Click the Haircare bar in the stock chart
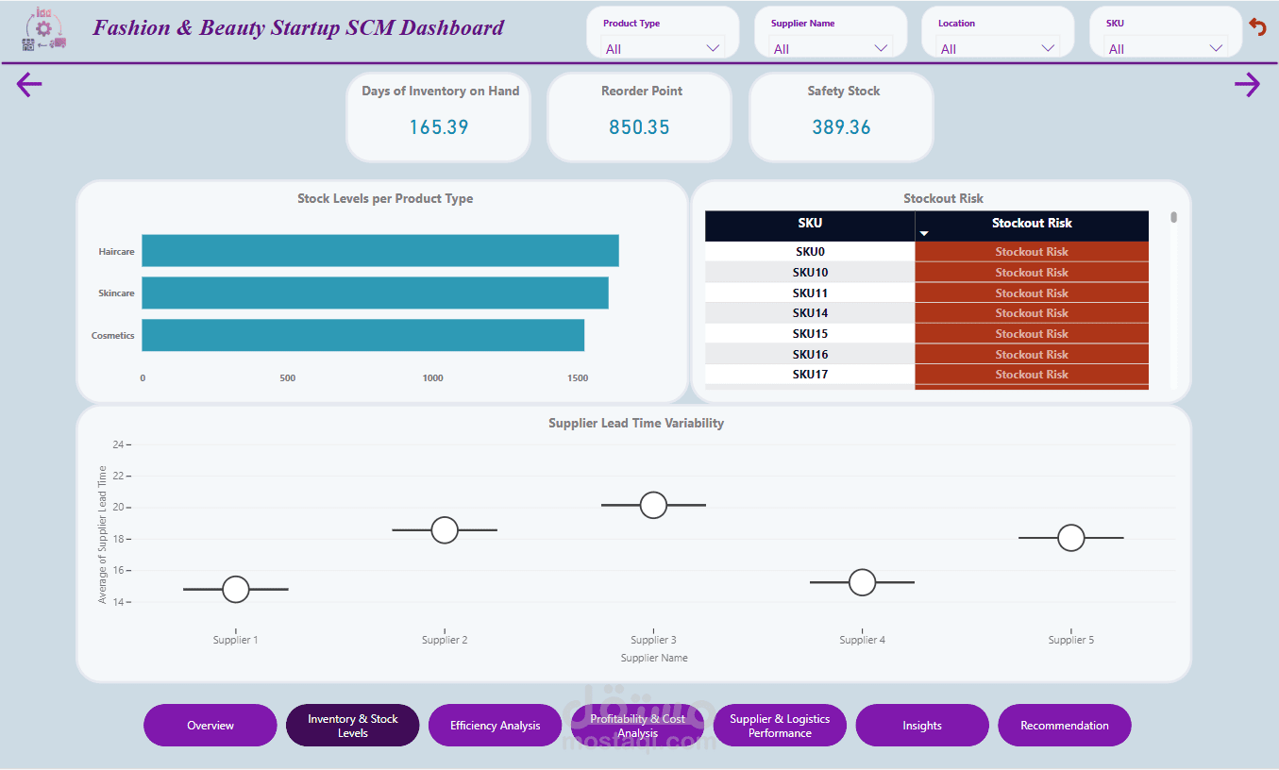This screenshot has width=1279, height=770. click(x=380, y=251)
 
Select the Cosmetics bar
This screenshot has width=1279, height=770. click(x=363, y=335)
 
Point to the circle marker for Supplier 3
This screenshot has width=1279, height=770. click(x=653, y=505)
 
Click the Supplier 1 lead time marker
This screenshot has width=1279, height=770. click(x=236, y=589)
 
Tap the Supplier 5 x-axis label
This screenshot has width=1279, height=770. click(x=1070, y=640)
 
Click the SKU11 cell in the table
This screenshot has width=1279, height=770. click(x=810, y=293)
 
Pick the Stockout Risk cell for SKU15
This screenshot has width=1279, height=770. click(x=1031, y=334)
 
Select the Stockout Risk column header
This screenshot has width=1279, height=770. click(x=1031, y=224)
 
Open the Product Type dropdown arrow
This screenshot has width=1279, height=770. click(x=713, y=48)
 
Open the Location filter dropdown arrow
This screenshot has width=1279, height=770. click(x=1048, y=48)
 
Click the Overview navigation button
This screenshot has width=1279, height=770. click(x=210, y=726)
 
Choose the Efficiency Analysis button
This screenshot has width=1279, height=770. click(x=495, y=726)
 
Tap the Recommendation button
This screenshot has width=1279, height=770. click(x=1064, y=726)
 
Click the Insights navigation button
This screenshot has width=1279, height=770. click(x=921, y=726)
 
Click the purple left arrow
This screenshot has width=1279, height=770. click(x=29, y=85)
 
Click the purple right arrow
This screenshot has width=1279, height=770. click(x=1247, y=85)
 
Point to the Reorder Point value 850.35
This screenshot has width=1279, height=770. click(x=639, y=127)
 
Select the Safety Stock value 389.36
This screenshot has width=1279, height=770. click(x=841, y=127)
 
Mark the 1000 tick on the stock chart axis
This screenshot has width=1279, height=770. click(x=432, y=378)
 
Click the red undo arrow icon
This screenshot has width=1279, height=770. click(x=1257, y=26)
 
